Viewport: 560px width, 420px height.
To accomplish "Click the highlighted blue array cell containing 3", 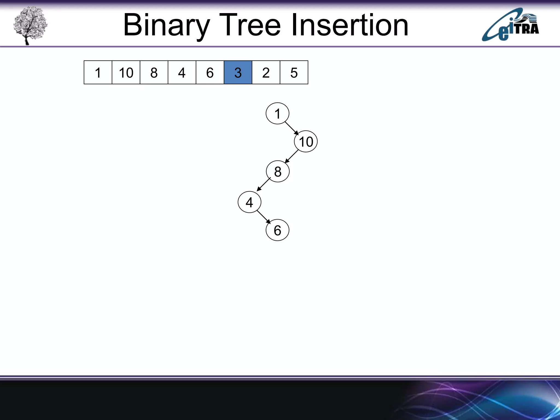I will tap(238, 72).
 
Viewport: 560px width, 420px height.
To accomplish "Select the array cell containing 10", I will tap(126, 72).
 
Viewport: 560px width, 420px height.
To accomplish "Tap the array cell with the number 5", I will tap(294, 72).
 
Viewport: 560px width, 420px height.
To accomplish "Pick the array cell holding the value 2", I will tap(266, 72).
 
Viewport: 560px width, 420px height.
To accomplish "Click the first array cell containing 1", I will tap(98, 72).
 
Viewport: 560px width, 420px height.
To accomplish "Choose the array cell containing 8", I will tap(154, 72).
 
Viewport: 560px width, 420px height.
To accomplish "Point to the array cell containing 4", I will tap(182, 72).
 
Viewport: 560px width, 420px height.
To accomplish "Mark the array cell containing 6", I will tap(210, 72).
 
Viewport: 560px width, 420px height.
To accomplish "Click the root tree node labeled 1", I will tap(277, 113).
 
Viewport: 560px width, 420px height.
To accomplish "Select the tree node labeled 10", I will tap(306, 142).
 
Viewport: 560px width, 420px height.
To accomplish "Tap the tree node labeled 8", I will tap(278, 171).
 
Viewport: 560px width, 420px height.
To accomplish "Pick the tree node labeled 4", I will tap(249, 202).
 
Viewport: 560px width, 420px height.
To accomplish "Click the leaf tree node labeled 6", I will tap(277, 230).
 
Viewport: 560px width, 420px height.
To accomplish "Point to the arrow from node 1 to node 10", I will tap(292, 128).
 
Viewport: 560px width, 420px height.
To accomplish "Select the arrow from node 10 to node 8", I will tap(291, 156).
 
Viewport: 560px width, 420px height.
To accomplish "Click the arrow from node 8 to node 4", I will tap(264, 184).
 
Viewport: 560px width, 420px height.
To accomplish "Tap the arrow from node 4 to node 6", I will tap(264, 217).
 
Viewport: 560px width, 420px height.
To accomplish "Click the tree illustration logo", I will tap(30, 25).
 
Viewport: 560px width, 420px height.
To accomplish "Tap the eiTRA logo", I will tap(510, 25).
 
